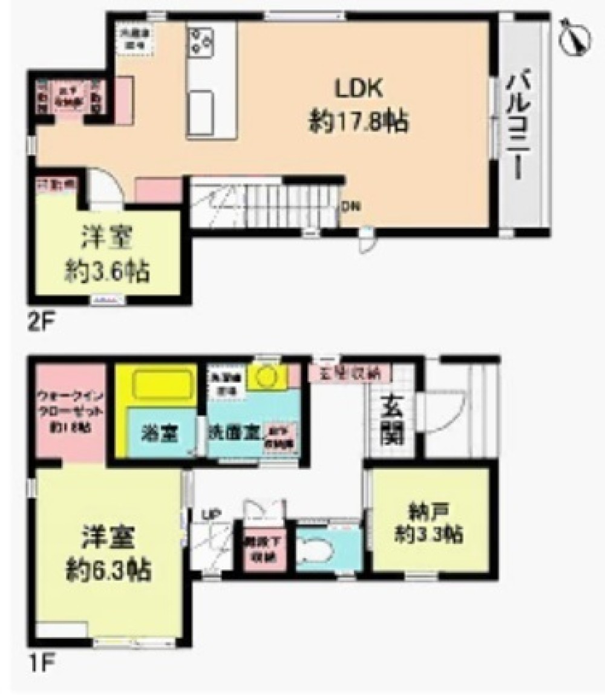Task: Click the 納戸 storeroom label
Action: coord(429,513)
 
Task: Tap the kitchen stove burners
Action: coord(202,39)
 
